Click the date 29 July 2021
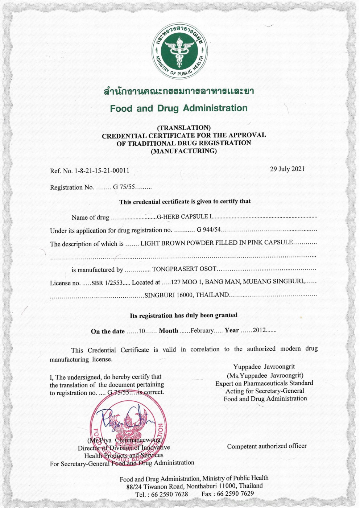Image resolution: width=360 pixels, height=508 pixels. [287, 169]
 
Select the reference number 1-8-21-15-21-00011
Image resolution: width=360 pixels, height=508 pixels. [102, 170]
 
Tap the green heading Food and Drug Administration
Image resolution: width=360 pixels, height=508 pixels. [179, 108]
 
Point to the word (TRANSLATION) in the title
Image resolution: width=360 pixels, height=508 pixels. [183, 128]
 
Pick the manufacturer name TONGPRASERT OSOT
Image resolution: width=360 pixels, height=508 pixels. [184, 269]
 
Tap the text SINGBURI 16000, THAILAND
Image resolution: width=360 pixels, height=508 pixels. [187, 295]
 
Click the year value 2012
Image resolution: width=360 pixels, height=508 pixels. [259, 330]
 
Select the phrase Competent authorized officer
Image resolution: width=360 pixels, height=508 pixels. [267, 446]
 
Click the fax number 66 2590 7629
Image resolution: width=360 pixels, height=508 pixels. [235, 493]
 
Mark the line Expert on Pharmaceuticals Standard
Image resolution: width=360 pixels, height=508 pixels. [264, 383]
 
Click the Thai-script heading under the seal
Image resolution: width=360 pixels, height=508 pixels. [179, 91]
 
